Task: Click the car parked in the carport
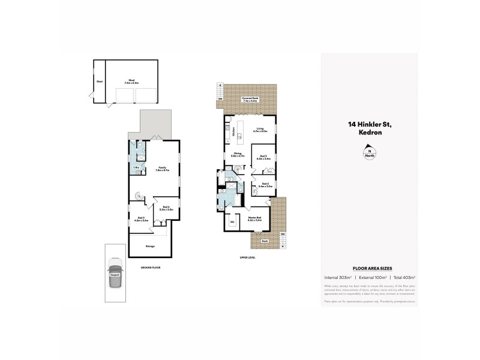click(x=115, y=273)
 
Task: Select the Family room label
click(x=162, y=169)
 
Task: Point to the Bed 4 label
click(x=166, y=208)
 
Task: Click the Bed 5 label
click(x=142, y=219)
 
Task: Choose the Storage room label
click(x=150, y=246)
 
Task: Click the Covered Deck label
click(x=250, y=99)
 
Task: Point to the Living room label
click(x=260, y=130)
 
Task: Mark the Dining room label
click(x=237, y=154)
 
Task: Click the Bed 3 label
click(x=263, y=158)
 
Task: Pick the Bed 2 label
click(x=265, y=185)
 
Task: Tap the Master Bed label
click(x=254, y=220)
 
